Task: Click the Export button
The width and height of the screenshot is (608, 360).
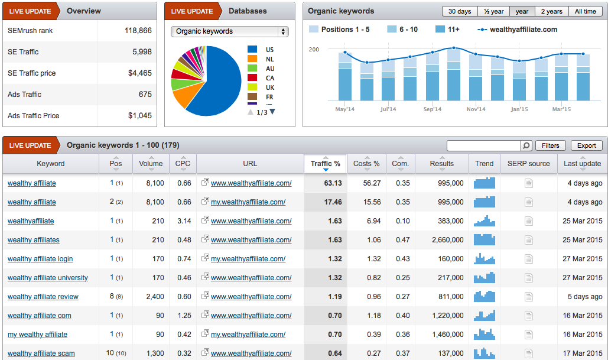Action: [x=586, y=145]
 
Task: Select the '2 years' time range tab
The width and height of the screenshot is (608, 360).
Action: [x=552, y=11]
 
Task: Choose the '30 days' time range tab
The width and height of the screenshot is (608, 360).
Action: [x=460, y=11]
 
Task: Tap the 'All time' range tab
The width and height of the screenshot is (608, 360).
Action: [x=586, y=11]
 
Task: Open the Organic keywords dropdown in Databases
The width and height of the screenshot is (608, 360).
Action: [x=229, y=31]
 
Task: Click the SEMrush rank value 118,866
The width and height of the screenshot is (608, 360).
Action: [x=138, y=31]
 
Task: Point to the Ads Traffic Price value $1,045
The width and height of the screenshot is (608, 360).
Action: [x=140, y=116]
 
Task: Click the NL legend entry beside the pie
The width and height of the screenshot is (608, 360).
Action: [x=269, y=59]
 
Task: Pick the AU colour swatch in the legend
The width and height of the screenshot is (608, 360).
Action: [x=252, y=69]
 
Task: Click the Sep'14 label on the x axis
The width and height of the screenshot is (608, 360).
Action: [x=432, y=109]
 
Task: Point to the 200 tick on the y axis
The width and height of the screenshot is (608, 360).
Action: [x=314, y=50]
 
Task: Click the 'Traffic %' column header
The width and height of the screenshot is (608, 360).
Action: [x=326, y=164]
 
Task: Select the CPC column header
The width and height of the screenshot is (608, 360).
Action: [x=183, y=164]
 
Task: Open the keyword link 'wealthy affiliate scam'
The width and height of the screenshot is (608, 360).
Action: [x=41, y=353]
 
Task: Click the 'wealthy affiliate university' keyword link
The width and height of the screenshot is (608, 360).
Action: [x=48, y=278]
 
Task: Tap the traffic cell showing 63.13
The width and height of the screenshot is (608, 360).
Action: [x=333, y=183]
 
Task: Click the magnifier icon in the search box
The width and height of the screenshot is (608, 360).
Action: [x=526, y=145]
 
